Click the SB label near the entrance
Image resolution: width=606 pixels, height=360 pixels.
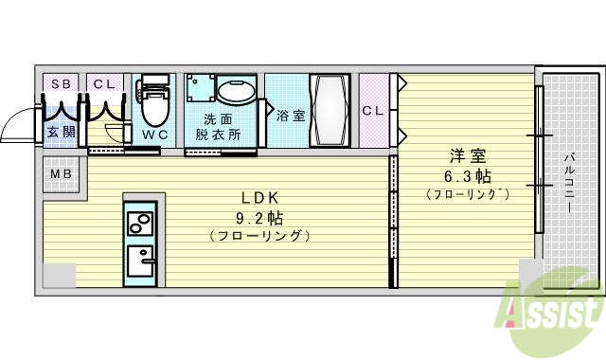62,84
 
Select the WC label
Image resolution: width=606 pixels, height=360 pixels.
154,134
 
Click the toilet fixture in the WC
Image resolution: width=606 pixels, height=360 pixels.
153,102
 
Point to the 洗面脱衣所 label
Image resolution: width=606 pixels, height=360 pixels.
219,127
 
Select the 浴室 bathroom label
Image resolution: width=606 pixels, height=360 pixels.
291,117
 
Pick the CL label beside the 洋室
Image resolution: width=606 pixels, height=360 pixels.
373,111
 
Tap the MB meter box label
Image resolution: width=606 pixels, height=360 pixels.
61,174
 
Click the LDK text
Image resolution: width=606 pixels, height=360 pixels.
258,198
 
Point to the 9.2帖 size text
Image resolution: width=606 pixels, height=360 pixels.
258,216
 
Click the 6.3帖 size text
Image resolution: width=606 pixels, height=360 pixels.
467,176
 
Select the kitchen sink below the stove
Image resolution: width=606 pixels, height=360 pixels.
143,259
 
